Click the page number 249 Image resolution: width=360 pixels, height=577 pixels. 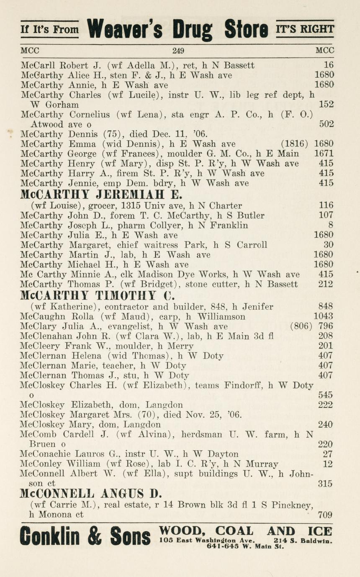[x=178, y=51]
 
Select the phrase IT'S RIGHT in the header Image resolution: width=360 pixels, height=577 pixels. [x=305, y=29]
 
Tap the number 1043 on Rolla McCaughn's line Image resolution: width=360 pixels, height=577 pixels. [x=324, y=316]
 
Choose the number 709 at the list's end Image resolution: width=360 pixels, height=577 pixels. [x=325, y=515]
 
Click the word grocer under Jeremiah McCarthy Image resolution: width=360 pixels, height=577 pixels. [x=119, y=205]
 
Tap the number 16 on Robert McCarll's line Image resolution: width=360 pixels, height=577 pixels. [x=329, y=65]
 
